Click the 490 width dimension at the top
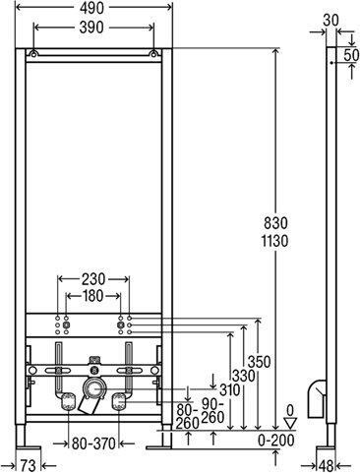click(x=91, y=9)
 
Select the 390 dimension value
click(x=91, y=28)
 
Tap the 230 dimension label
click(x=93, y=279)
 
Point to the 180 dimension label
click(x=93, y=296)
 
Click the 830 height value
click(x=275, y=223)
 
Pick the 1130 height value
click(x=274, y=242)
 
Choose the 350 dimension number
click(x=259, y=362)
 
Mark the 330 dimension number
click(x=244, y=376)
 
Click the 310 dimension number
click(x=229, y=390)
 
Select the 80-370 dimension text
click(x=93, y=443)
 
